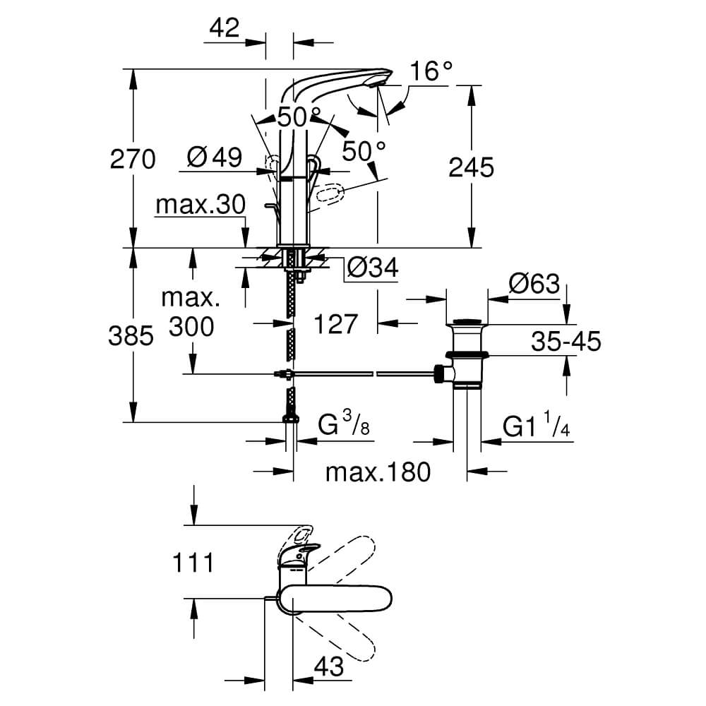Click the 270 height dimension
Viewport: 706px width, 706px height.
pos(132,160)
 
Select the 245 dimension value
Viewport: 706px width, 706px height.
pos(471,167)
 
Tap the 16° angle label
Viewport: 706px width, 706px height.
pos(431,71)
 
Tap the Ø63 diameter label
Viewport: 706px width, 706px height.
pos(534,285)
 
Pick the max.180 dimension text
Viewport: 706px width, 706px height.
pos(377,471)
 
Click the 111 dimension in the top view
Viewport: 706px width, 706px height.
pos(192,563)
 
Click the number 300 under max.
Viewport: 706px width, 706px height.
pos(190,326)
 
